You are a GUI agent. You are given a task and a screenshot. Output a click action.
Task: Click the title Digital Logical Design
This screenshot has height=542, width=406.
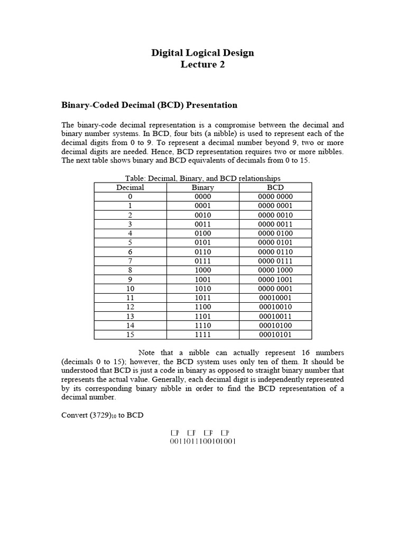[203, 52]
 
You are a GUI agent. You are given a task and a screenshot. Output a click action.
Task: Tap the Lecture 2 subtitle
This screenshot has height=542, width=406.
[203, 65]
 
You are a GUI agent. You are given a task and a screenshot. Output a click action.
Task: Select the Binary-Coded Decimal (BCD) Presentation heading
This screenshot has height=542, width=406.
[150, 105]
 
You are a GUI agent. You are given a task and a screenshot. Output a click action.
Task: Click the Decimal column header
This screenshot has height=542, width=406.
[130, 187]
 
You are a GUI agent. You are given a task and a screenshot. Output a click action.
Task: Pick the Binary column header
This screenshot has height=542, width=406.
[203, 187]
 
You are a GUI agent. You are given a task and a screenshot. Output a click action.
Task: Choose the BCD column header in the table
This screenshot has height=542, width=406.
[275, 187]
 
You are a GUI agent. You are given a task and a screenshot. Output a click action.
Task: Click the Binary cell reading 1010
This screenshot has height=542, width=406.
[203, 289]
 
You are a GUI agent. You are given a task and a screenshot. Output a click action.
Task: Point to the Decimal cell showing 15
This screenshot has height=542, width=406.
[130, 335]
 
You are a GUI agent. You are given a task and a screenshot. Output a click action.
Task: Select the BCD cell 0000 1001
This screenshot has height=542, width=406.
[275, 279]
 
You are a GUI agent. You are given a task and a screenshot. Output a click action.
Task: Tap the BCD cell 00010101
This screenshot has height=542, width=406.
[275, 335]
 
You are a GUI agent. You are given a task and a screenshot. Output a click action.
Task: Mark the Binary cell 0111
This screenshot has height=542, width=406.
[203, 261]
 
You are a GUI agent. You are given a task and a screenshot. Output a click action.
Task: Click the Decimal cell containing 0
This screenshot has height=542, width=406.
[130, 196]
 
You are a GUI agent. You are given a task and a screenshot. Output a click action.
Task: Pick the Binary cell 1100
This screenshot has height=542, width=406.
[203, 307]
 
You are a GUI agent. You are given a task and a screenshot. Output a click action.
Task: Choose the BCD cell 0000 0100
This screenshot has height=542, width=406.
[275, 233]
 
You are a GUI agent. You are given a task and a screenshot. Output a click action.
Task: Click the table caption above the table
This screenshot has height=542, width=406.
[203, 178]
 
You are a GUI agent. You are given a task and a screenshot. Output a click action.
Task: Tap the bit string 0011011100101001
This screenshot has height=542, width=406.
[203, 441]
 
